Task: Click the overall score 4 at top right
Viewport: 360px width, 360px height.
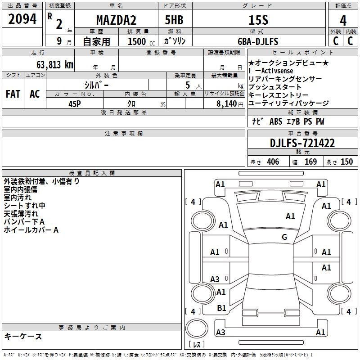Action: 343,21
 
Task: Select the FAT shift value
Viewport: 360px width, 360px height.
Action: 13,94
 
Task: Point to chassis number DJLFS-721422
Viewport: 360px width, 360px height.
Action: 302,144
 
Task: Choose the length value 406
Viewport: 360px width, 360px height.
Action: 273,162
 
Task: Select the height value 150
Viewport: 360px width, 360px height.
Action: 346,162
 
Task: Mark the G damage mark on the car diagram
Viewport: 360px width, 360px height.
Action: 284,237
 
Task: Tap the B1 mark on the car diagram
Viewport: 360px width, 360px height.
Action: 221,308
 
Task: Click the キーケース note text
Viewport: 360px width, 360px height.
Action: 23,337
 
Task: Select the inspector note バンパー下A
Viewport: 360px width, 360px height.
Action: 24,222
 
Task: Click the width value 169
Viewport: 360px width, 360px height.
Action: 310,162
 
